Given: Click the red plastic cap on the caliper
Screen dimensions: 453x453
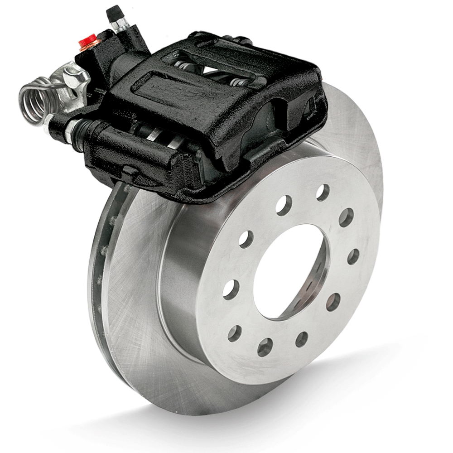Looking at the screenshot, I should tap(87, 41).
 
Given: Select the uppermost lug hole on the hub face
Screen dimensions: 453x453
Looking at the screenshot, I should tap(323, 192).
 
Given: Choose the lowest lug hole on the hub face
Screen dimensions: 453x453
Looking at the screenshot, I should tap(265, 347).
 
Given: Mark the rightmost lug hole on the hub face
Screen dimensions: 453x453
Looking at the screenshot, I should tap(353, 257).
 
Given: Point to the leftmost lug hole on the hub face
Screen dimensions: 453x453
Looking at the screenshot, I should tap(231, 289).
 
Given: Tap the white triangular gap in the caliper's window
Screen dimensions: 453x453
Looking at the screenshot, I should tap(213, 69).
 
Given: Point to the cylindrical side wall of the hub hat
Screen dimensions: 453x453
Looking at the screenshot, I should tap(181, 272).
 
